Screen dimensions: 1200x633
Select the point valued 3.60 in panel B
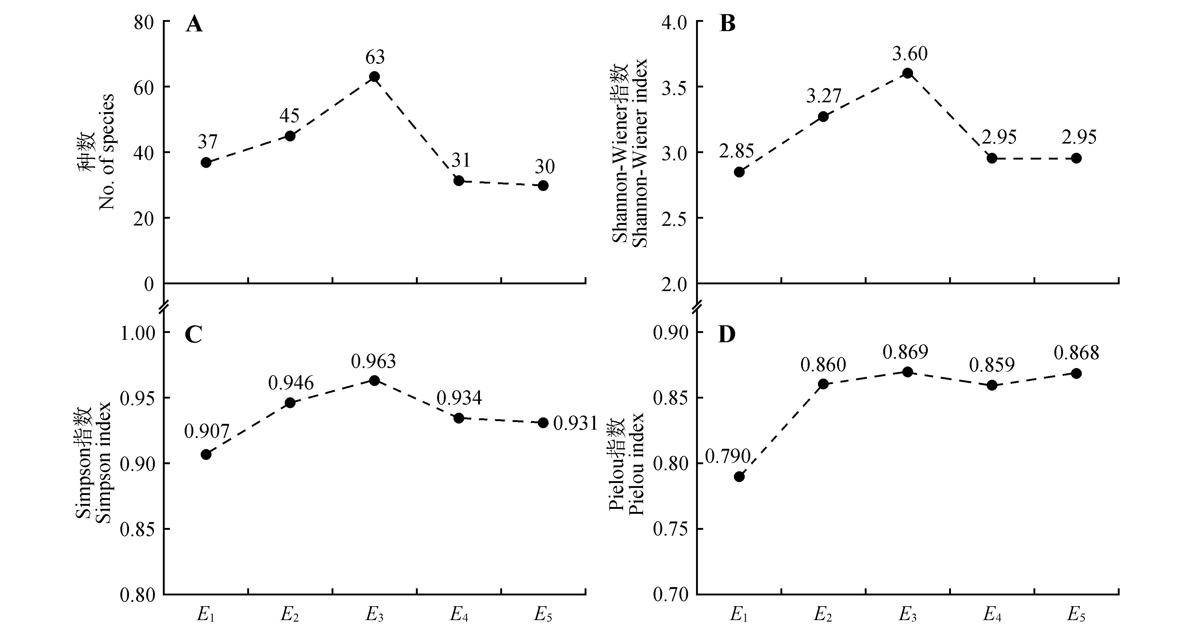908,73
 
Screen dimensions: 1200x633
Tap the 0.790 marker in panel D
739,477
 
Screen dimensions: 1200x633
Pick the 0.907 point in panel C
206,454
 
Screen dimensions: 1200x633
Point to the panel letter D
727,335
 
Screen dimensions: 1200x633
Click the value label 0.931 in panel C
575,423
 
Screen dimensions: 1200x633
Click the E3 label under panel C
375,615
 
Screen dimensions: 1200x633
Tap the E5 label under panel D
1077,615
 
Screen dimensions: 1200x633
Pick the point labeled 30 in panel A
543,185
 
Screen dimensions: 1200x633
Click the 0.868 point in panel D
1076,373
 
